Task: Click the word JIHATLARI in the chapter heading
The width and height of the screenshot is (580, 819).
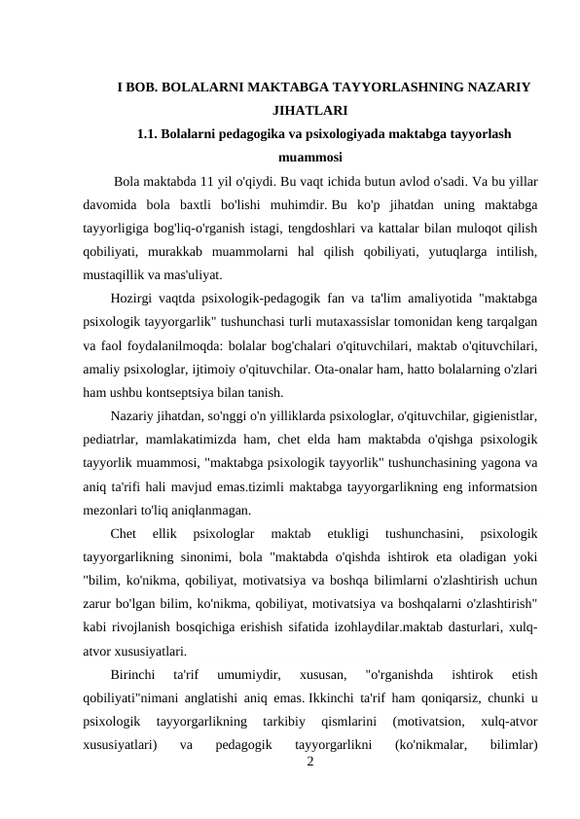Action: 308,110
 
